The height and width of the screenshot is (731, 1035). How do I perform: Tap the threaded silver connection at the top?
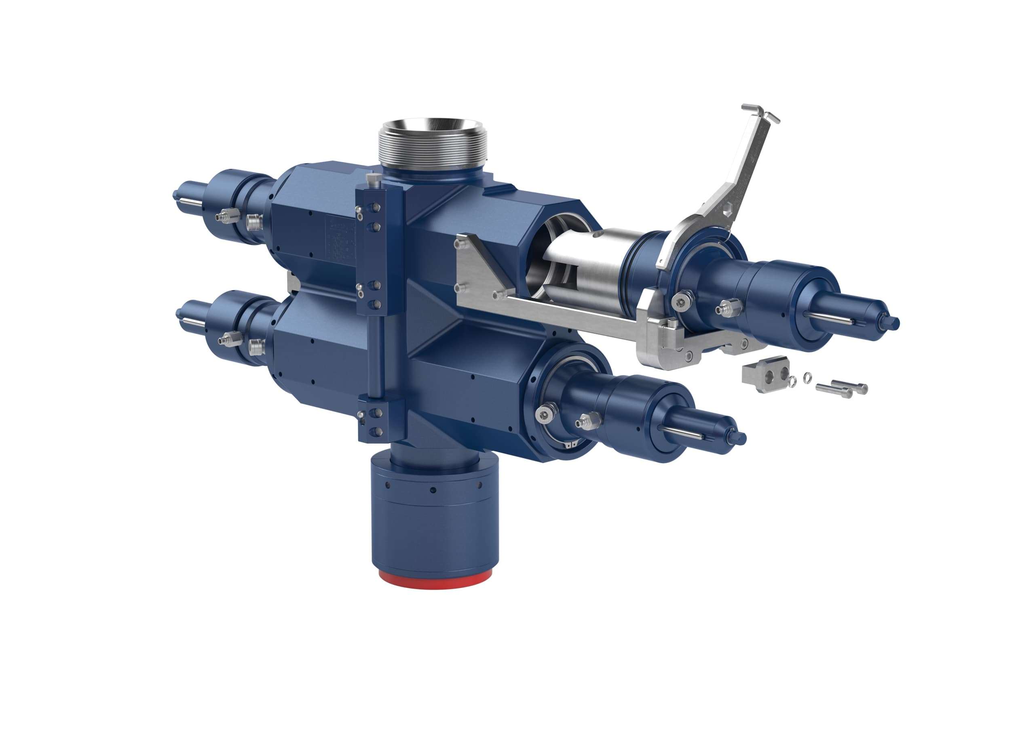[433, 149]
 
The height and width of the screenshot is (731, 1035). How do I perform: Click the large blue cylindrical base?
[435, 527]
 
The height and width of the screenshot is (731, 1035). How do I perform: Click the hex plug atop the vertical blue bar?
[372, 181]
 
